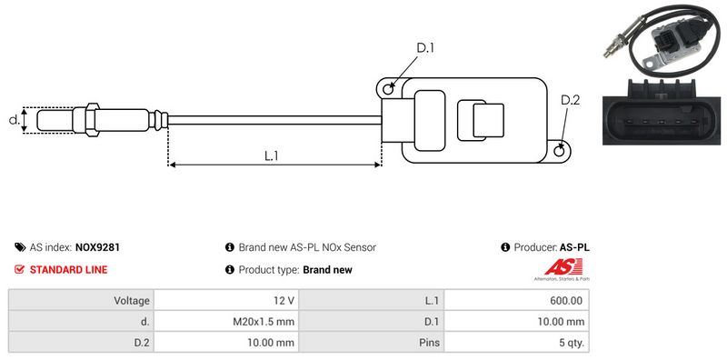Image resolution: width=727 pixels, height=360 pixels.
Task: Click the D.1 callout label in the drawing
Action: click(425, 47)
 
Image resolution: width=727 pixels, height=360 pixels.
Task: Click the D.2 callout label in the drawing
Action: click(571, 100)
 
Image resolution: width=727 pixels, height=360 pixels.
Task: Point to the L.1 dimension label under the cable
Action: click(271, 155)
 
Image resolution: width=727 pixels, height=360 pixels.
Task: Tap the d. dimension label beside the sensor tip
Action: click(14, 120)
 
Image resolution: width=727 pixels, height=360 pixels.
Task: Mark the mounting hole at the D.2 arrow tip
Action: click(560, 150)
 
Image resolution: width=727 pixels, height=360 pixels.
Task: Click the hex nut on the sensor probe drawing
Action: click(92, 120)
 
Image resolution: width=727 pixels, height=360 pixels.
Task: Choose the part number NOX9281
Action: click(97, 247)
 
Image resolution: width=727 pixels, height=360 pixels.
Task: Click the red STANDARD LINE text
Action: click(69, 269)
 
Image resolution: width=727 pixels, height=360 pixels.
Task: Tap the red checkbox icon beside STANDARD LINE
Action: click(19, 269)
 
